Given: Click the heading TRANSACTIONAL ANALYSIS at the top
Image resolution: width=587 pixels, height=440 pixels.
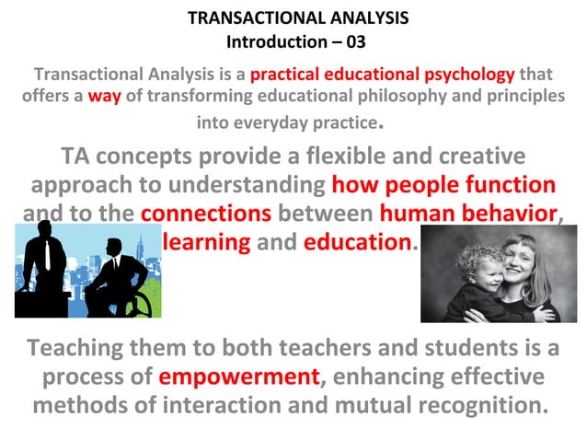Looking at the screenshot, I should [297, 17].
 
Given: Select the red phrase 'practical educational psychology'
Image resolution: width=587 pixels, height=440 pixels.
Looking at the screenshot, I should [382, 74].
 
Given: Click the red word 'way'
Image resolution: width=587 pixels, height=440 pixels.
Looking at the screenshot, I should [104, 96].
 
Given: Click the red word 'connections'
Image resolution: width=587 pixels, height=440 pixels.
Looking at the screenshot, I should [206, 214].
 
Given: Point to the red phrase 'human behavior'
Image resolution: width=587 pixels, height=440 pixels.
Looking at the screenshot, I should [468, 214].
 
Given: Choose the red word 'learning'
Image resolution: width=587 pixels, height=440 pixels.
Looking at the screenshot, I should [206, 243].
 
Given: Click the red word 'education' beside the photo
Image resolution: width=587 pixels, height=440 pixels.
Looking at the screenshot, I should [357, 243].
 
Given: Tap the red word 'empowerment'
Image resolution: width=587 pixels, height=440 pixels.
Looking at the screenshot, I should [238, 377].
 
